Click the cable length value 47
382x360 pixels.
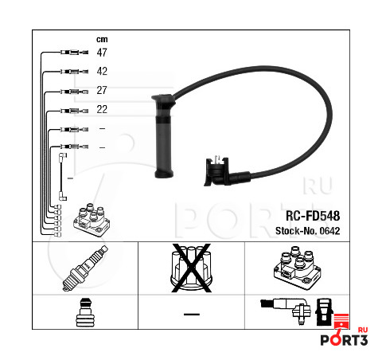102,53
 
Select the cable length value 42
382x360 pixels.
102,71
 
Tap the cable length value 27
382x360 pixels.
102,90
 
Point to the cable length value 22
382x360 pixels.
102,109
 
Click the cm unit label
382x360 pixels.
102,40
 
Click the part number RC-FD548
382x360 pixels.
313,216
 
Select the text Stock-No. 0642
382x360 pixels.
308,231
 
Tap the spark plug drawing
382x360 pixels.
85,268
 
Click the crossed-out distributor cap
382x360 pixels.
191,268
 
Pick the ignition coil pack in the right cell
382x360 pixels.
298,268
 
